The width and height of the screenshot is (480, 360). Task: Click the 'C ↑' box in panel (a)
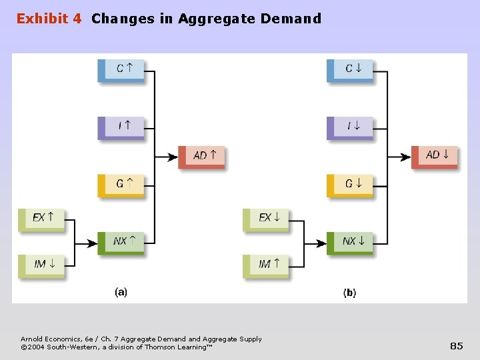coord(121,69)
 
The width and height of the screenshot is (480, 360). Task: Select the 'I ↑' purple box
coord(121,127)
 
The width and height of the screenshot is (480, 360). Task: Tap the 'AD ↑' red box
coord(202,156)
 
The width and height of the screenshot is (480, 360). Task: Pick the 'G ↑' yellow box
coord(121,185)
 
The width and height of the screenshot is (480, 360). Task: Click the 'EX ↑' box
coord(41,218)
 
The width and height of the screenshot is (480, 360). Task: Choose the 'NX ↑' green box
coord(121,242)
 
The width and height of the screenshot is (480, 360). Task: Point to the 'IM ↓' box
coord(41,265)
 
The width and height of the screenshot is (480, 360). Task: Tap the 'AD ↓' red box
coord(435,156)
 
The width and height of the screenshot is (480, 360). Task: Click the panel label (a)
coord(121,292)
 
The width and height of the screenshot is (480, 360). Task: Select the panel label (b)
coord(349,293)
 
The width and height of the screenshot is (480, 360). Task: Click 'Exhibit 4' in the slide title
coord(49,19)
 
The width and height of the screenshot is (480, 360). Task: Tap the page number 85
coord(457,345)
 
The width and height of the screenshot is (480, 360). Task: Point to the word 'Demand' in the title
coord(291,19)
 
